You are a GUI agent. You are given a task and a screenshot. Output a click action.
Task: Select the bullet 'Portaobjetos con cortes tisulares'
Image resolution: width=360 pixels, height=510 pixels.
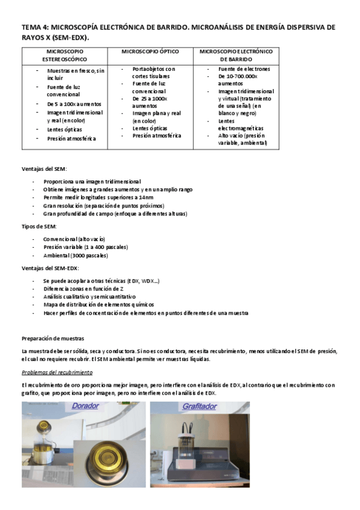tap(154, 73)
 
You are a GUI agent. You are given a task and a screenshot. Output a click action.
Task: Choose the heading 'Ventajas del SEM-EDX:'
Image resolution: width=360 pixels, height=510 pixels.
tap(50, 268)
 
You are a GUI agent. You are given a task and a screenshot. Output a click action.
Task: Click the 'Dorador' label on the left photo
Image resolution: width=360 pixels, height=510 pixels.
tap(85, 406)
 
